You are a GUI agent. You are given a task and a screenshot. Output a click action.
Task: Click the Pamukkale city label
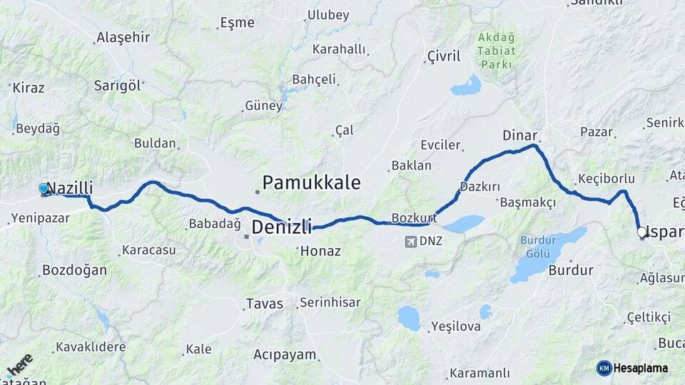(311, 183)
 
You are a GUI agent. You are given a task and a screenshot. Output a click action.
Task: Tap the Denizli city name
(282, 228)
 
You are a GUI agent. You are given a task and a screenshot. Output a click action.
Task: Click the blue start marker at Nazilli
(44, 188)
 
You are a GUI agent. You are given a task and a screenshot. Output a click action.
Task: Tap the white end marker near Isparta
(641, 232)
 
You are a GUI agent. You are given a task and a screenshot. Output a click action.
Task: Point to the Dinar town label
(519, 135)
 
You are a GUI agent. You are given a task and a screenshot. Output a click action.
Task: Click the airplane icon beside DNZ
(410, 241)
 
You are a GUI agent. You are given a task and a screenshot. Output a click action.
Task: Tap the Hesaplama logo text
(641, 368)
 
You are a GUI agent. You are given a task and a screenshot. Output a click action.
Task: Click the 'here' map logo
(19, 364)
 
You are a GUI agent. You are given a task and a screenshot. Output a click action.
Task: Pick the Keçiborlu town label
(607, 178)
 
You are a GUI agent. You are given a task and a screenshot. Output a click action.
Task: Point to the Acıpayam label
(284, 354)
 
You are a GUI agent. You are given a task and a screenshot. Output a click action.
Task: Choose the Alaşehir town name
(123, 38)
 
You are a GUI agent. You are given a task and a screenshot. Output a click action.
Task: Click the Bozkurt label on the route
(414, 217)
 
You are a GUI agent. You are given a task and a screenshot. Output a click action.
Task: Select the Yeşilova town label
(457, 327)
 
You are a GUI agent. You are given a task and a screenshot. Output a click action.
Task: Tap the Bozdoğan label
(74, 270)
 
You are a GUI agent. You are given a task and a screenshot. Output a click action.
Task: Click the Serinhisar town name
(330, 302)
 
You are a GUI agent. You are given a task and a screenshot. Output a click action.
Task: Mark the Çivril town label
(444, 56)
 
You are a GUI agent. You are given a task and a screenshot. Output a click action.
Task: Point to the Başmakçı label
(528, 202)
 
